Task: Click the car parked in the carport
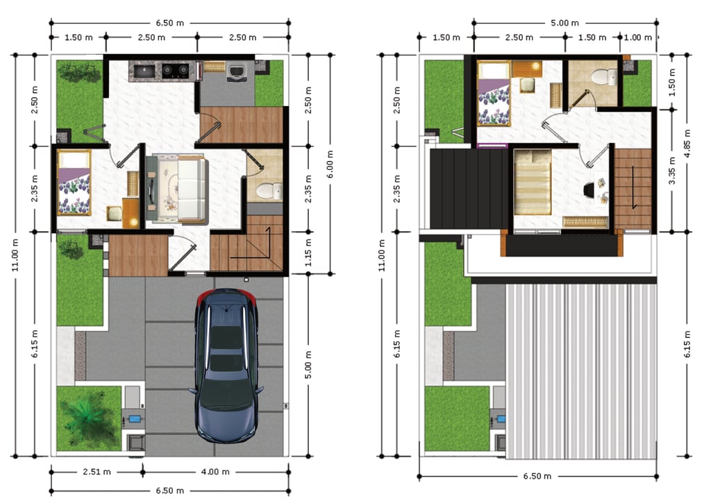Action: [226, 365]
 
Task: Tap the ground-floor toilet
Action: [269, 191]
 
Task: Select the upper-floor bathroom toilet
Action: [604, 76]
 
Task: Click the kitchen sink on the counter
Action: [145, 71]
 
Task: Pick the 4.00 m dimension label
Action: [215, 472]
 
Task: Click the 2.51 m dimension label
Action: [97, 472]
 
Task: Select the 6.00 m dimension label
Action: [330, 164]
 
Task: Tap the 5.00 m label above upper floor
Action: [564, 23]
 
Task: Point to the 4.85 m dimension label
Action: [688, 144]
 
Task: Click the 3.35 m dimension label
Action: [672, 171]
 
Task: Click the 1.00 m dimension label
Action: [638, 37]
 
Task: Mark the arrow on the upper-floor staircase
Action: [634, 187]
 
